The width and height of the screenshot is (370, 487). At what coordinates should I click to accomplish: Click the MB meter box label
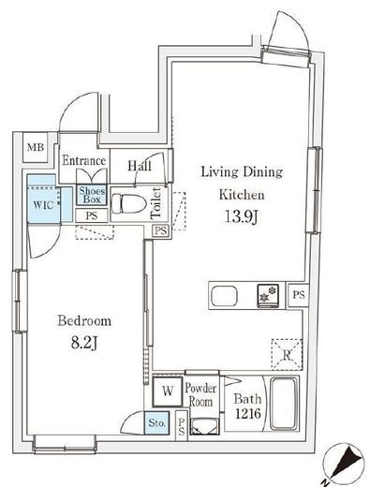[36, 147]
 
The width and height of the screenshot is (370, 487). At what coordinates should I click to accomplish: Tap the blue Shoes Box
[92, 195]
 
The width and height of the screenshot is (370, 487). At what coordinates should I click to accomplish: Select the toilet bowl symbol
[128, 203]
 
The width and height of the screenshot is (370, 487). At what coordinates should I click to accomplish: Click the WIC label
[43, 205]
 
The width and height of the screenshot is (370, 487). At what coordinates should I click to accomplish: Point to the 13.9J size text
[242, 216]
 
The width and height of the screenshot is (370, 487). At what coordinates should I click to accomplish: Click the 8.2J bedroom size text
[84, 343]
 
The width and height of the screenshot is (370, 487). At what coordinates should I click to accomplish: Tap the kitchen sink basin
[224, 296]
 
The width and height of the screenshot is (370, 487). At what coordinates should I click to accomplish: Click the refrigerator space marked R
[287, 355]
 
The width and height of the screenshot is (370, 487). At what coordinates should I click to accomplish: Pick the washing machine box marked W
[168, 391]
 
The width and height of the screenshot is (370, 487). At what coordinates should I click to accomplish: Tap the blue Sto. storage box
[157, 423]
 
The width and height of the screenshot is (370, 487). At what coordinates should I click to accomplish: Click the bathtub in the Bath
[283, 404]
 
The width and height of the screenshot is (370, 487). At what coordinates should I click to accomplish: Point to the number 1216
[248, 414]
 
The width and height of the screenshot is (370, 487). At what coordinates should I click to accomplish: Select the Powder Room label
[200, 394]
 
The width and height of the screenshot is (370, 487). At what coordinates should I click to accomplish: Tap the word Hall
[140, 166]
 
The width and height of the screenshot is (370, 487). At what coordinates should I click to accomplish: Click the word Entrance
[84, 160]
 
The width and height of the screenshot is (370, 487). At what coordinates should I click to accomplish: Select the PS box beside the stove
[299, 295]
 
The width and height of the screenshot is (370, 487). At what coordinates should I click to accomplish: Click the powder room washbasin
[205, 427]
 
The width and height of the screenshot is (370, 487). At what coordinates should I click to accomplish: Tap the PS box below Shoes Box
[92, 215]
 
